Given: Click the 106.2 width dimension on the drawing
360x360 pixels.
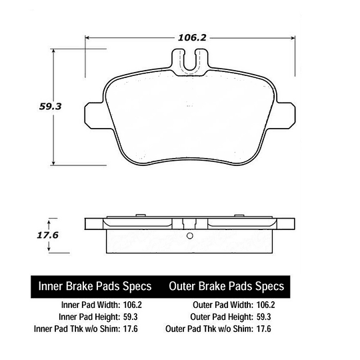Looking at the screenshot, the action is click(192, 37).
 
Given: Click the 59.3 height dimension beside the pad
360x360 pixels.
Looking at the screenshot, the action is click(50, 107).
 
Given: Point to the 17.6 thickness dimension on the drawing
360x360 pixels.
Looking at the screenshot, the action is click(48, 235).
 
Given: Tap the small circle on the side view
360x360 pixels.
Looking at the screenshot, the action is click(190, 236).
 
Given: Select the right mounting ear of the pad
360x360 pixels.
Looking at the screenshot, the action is click(286, 115).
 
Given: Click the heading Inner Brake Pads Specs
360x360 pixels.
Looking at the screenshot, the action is click(95, 286).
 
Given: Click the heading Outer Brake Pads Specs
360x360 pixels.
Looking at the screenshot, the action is click(227, 286).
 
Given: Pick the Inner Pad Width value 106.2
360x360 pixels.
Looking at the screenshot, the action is click(133, 305).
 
